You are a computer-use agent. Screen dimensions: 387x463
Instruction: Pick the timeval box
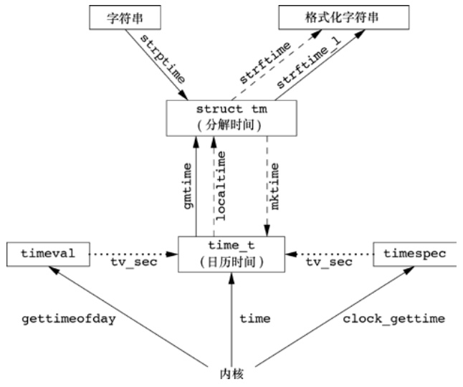click(x=47, y=253)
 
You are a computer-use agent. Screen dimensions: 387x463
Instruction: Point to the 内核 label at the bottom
click(x=231, y=374)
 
